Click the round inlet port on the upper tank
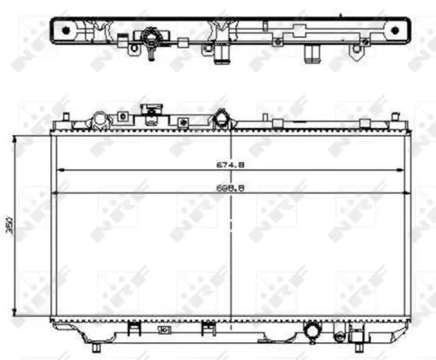[221, 118]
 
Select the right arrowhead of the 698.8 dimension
[406, 193]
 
